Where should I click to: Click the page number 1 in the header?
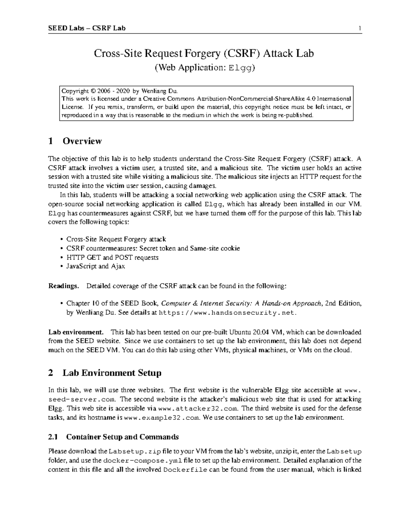tap(360, 28)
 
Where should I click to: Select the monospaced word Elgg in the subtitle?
tap(242, 68)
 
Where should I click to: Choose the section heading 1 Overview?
tap(75, 141)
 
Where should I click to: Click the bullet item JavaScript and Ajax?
tap(95, 266)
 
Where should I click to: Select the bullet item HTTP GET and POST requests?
tap(112, 257)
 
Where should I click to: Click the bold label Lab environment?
tap(76, 332)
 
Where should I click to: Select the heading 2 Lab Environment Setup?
tap(105, 373)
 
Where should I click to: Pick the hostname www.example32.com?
tap(161, 418)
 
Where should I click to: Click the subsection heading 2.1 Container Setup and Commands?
tap(113, 437)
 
